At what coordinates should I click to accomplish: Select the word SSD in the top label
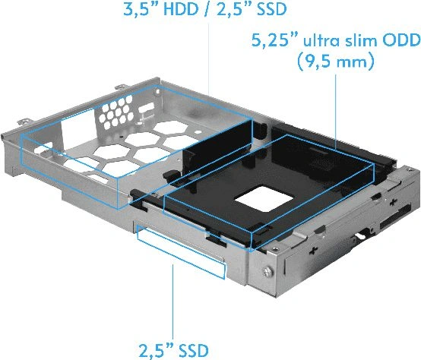coord(271,9)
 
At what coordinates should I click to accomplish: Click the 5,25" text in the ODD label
coord(274,41)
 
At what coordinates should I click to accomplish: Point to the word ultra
coord(323,41)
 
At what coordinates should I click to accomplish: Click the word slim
coord(362,41)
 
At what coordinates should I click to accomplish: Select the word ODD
coord(401,41)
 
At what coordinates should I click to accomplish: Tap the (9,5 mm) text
coord(336,62)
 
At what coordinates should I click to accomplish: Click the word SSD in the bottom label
coord(194,350)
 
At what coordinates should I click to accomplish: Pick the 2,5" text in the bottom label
coord(156,351)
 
